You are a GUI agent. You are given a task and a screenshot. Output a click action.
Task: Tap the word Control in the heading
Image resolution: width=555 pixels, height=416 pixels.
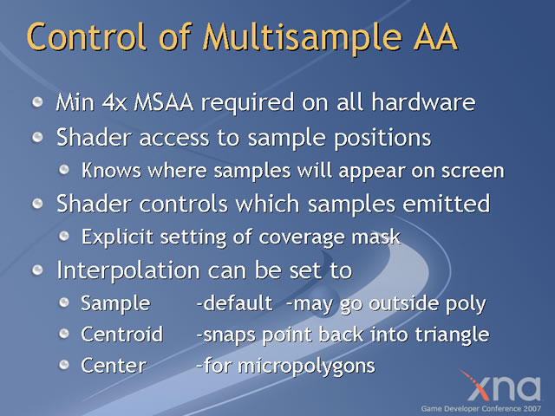87,36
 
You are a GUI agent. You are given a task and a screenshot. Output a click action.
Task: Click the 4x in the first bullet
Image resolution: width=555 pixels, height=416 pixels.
114,102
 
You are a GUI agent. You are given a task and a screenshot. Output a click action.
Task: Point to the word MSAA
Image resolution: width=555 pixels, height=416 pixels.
164,102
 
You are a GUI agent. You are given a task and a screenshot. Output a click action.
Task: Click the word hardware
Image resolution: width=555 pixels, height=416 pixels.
423,102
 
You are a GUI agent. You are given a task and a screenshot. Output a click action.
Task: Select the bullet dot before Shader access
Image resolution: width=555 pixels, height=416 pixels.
37,137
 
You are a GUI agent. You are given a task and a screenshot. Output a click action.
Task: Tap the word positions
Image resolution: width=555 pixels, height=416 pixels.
382,139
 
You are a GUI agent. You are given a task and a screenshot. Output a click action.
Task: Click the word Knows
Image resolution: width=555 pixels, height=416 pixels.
111,171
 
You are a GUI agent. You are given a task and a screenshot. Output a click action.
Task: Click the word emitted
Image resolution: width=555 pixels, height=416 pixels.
446,204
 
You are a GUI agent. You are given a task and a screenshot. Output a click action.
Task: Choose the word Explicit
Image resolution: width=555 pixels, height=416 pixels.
117,237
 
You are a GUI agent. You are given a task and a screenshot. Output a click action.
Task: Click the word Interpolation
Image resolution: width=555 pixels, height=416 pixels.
128,270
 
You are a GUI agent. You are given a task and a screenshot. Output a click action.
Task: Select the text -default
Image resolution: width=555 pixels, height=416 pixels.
234,303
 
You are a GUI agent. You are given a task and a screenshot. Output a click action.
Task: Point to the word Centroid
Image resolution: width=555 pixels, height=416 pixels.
121,335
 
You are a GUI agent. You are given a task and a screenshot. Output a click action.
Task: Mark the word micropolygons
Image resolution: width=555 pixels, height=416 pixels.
306,367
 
